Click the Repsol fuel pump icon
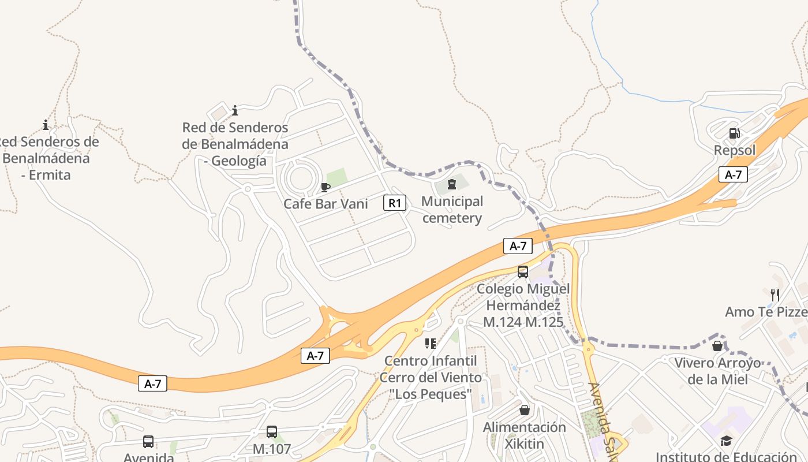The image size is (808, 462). click(734, 133)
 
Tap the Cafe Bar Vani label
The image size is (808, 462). click(326, 204)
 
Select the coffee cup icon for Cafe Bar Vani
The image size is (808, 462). click(326, 187)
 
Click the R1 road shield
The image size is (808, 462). click(395, 203)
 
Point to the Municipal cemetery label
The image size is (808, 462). click(452, 210)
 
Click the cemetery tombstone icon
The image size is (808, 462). click(452, 184)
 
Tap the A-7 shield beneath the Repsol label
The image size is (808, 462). click(733, 174)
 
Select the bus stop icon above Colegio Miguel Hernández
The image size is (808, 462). click(523, 271)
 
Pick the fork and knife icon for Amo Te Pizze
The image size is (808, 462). click(775, 295)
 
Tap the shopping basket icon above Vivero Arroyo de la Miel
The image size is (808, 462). click(717, 346)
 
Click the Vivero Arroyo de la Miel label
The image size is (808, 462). click(718, 371)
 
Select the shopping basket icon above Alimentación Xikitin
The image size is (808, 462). click(525, 410)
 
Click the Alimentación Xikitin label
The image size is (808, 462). click(525, 435)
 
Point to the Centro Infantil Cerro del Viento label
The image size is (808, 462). click(431, 377)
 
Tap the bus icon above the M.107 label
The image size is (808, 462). click(272, 431)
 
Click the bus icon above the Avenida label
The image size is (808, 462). click(148, 442)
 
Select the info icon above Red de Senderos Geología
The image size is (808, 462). click(235, 110)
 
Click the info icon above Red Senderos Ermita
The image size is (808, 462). click(46, 125)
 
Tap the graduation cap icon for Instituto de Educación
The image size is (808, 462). click(726, 441)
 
